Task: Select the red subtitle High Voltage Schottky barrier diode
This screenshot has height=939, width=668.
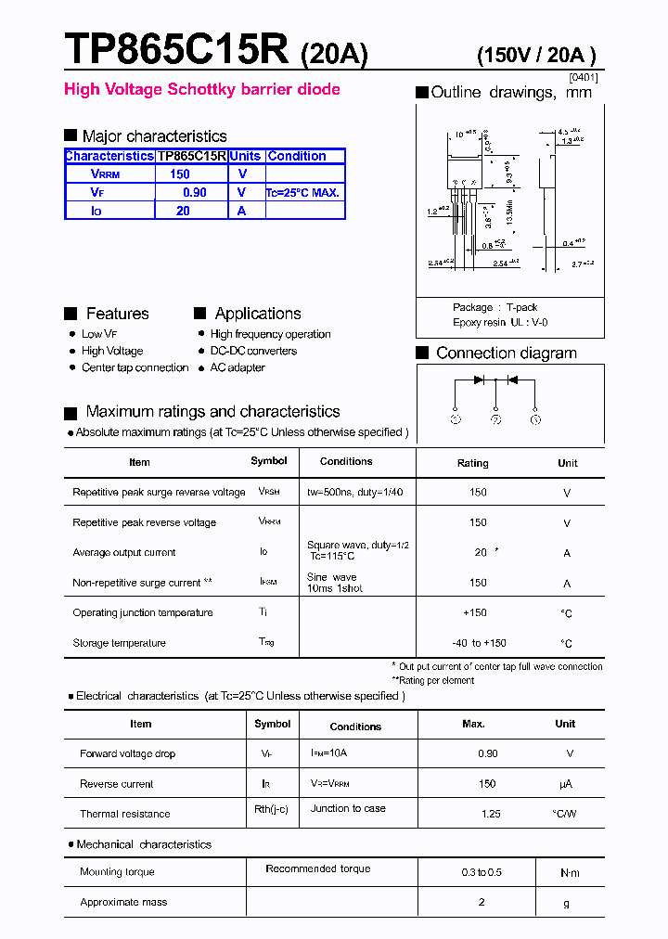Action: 201,89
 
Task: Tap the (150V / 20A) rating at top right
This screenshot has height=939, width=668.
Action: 535,55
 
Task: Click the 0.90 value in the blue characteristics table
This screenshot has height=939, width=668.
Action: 194,192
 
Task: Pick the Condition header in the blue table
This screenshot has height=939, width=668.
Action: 297,156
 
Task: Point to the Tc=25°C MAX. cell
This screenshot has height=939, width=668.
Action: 303,193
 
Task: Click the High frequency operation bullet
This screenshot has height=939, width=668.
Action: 270,334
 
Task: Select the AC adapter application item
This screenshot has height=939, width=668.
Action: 238,367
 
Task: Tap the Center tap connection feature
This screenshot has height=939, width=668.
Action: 135,367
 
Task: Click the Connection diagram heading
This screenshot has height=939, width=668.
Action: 506,353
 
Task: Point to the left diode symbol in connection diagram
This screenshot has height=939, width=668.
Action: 479,379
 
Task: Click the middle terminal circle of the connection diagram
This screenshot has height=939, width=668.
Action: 496,419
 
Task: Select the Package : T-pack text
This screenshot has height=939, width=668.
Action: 495,307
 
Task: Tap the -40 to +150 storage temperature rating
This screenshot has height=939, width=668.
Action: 479,643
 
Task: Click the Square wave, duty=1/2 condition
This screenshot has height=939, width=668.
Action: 357,546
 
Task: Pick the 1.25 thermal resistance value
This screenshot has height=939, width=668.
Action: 491,814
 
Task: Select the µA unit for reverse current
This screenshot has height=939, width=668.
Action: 565,784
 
